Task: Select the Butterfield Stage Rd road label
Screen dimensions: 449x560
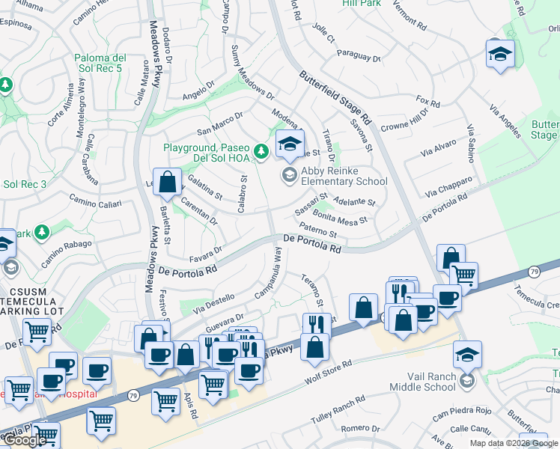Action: (x=336, y=97)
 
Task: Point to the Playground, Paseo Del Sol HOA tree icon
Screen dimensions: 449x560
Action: (x=261, y=152)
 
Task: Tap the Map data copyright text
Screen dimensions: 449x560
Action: (x=514, y=443)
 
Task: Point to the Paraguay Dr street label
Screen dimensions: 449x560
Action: (x=359, y=55)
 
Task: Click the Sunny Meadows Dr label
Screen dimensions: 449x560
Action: (x=252, y=83)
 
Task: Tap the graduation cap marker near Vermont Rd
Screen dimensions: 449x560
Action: (x=499, y=53)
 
